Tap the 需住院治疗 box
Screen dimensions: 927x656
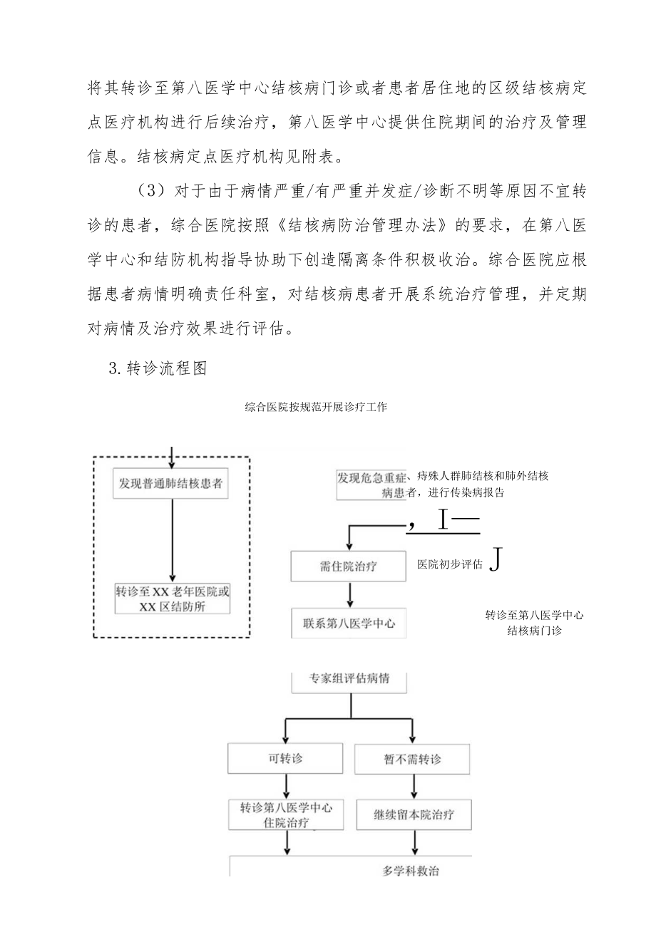pos(349,566)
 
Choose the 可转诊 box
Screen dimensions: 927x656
pos(285,760)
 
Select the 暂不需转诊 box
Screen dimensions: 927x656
pos(413,760)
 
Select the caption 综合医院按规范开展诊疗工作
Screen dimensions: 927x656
pos(316,407)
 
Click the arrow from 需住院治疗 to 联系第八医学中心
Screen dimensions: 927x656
pos(349,594)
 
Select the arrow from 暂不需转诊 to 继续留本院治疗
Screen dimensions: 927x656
pos(414,787)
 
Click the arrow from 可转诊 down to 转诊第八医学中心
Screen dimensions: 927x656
pos(286,787)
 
